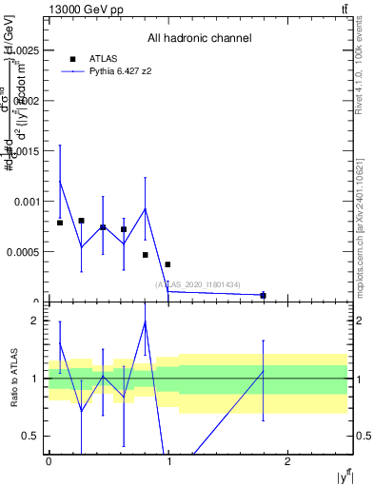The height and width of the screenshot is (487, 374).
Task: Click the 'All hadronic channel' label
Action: point(199,39)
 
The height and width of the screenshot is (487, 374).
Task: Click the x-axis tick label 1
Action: point(168,461)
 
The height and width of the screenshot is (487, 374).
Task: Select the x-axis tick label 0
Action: point(49,461)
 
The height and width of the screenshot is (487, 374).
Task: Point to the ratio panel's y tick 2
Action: point(35,321)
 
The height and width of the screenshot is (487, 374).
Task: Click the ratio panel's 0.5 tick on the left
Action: point(32,436)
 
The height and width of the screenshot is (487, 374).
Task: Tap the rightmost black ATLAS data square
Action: point(263,296)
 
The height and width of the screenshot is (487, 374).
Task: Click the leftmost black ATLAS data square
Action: point(60,223)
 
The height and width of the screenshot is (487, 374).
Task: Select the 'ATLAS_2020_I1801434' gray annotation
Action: point(198,284)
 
